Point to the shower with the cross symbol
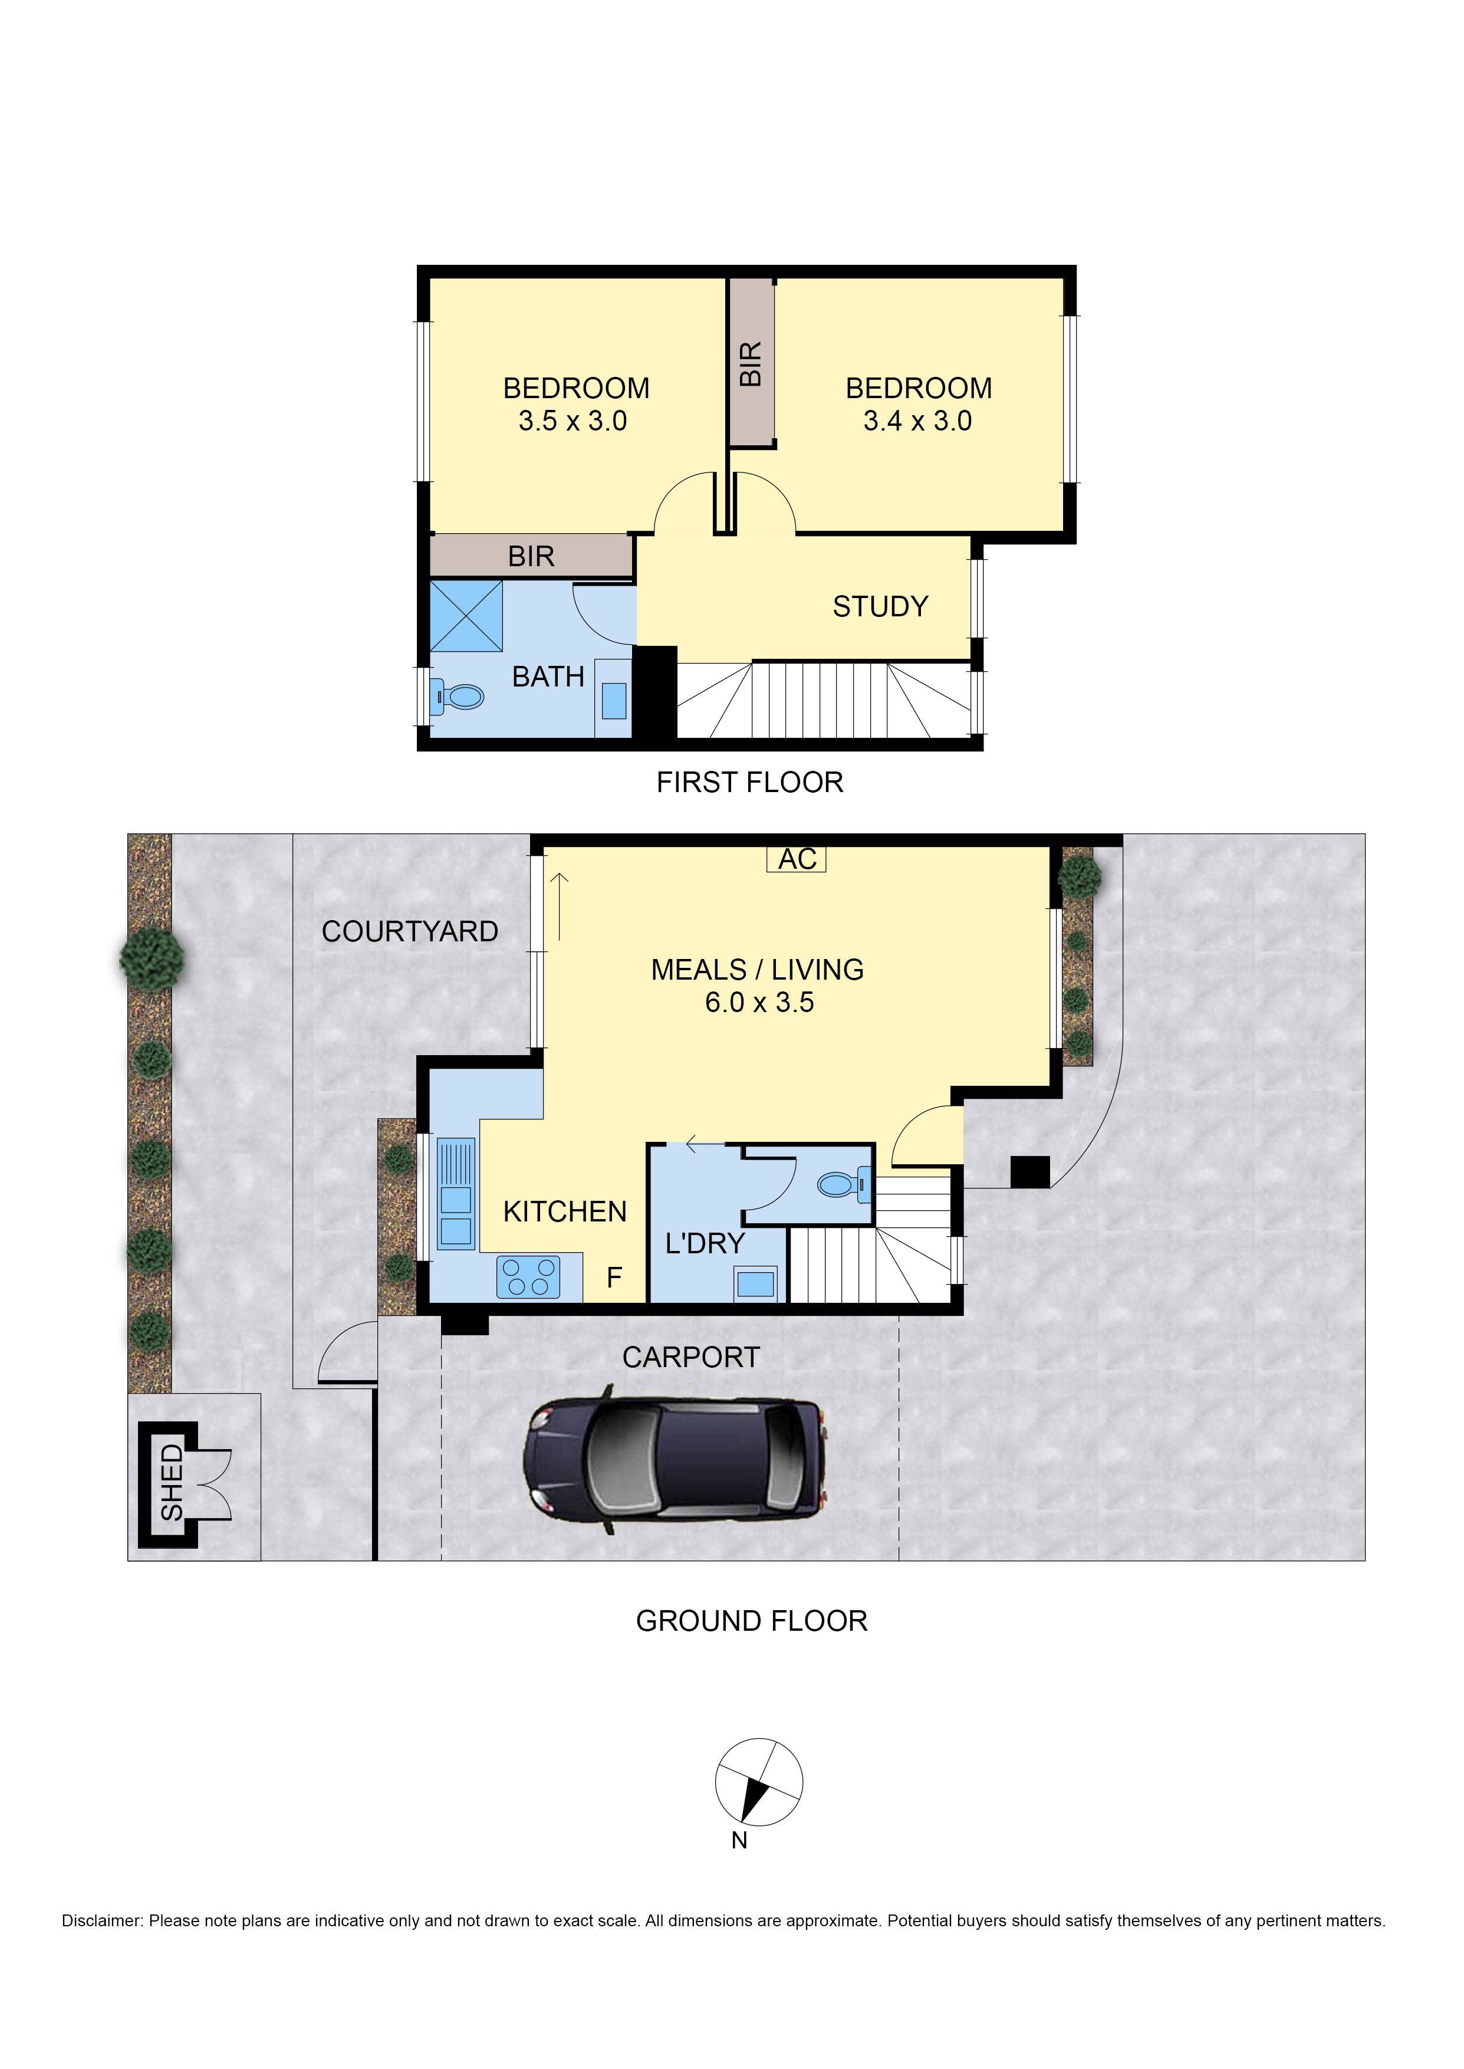(466, 616)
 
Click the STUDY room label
(880, 607)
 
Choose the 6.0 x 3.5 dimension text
(759, 1003)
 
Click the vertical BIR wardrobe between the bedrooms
(752, 362)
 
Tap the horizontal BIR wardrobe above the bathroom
(531, 556)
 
